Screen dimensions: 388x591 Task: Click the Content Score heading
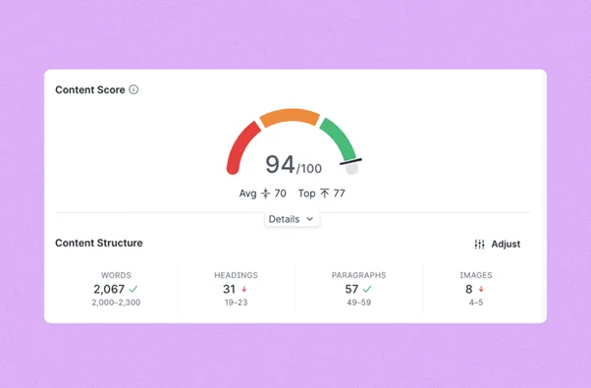(89, 89)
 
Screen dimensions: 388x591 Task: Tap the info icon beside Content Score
(134, 89)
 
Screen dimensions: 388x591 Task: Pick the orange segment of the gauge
(290, 117)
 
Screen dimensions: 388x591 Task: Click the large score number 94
(280, 164)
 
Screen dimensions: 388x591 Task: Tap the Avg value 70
(280, 194)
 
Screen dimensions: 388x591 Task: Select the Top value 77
(339, 194)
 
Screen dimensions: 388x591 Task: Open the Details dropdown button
(291, 219)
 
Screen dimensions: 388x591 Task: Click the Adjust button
(497, 244)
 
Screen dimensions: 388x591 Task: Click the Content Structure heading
(98, 243)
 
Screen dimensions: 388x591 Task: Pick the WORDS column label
(116, 275)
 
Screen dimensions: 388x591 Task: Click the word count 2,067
(109, 289)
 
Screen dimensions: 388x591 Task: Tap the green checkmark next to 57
(367, 289)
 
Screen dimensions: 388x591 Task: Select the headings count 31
(229, 289)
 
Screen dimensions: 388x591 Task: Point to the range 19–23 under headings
(236, 304)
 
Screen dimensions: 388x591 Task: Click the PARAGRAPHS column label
(358, 275)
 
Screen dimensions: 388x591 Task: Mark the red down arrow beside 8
(481, 290)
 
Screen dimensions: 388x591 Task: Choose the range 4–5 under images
(475, 304)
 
